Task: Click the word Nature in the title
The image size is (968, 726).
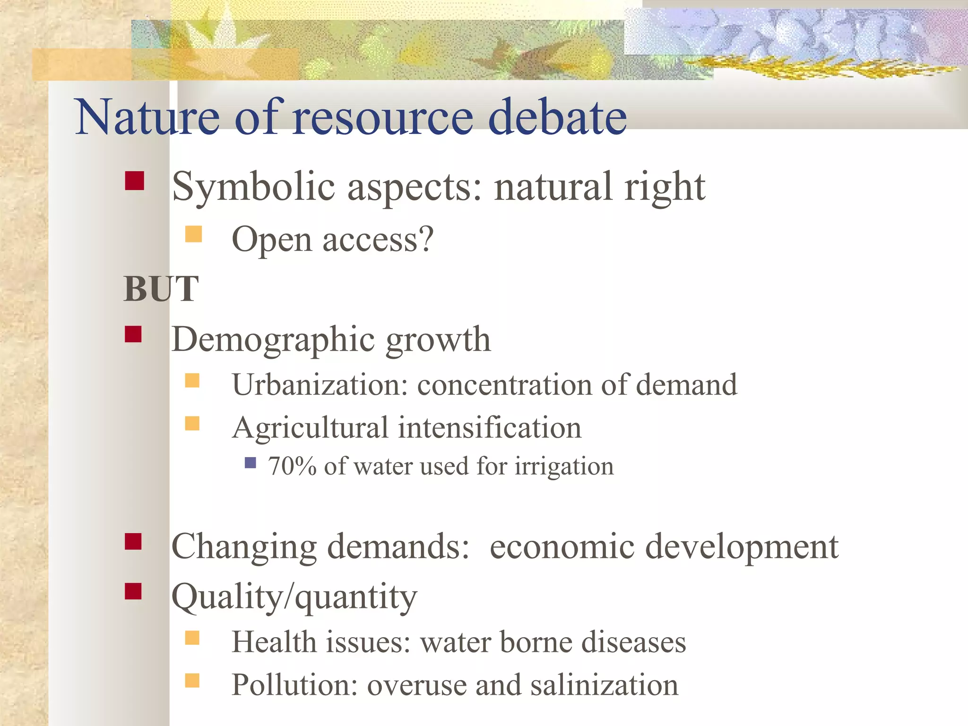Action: point(147,117)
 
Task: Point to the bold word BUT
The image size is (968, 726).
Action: point(161,289)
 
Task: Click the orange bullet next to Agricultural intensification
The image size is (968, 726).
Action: point(192,423)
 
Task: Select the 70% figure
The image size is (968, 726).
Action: point(292,466)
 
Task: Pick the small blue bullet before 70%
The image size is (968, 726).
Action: point(251,462)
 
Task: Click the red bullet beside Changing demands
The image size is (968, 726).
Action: point(133,542)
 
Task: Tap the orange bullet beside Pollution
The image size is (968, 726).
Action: point(192,680)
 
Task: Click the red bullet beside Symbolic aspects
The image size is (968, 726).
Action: point(135,181)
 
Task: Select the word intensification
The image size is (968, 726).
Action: point(489,428)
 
